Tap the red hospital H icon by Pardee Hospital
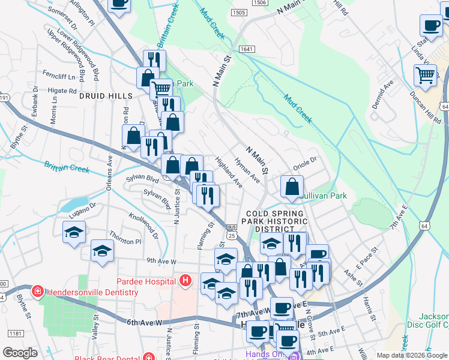[185, 280]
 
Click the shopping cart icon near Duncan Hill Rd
[425, 76]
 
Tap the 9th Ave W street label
[161, 261]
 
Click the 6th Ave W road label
[145, 322]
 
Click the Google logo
[20, 353]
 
